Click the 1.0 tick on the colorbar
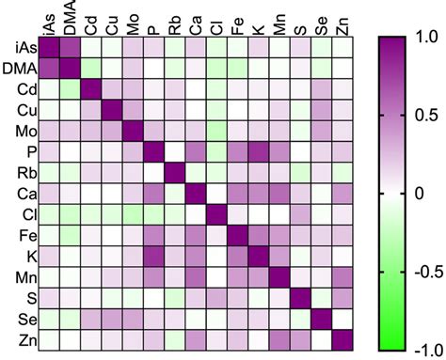click(x=423, y=39)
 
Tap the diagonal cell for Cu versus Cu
click(x=111, y=110)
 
